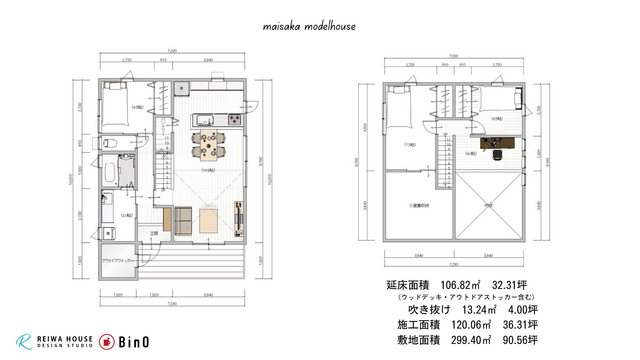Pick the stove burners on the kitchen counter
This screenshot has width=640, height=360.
231,120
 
